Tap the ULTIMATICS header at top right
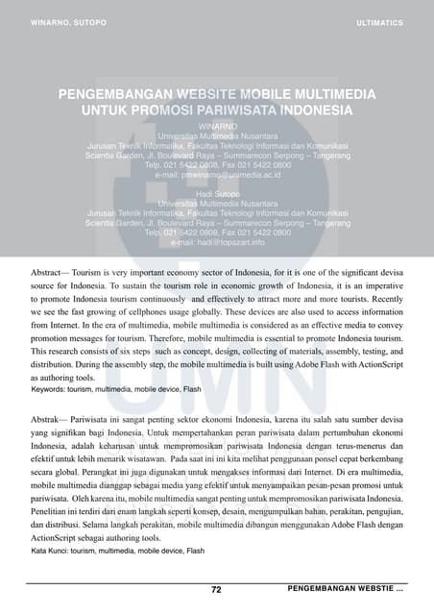click(x=379, y=21)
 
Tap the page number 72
click(x=217, y=589)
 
